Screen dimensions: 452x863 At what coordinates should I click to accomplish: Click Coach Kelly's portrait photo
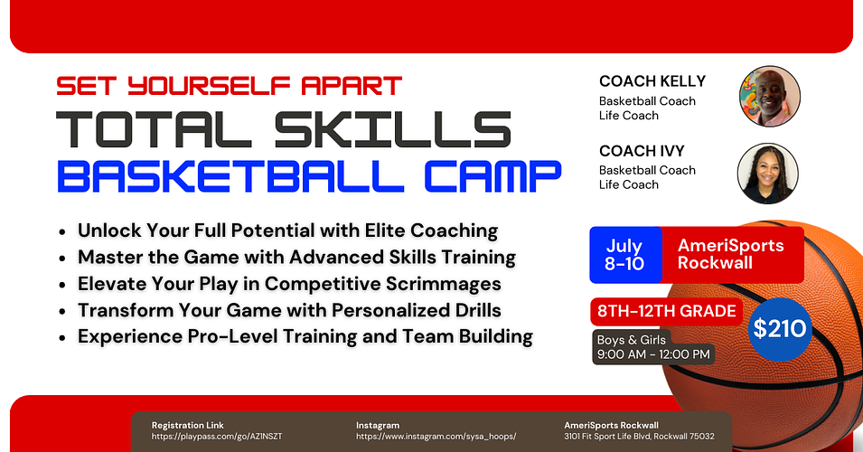(x=769, y=96)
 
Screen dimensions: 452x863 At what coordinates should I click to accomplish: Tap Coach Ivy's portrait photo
(x=768, y=173)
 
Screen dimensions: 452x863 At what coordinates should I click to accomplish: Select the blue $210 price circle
(x=780, y=327)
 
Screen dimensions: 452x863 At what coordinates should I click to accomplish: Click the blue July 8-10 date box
(x=624, y=254)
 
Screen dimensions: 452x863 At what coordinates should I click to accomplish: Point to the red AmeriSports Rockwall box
(x=730, y=254)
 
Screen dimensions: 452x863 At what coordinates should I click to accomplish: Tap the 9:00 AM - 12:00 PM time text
(x=653, y=353)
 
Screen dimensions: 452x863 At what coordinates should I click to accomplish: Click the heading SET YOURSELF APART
(x=229, y=86)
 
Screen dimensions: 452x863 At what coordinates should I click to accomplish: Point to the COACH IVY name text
(x=641, y=151)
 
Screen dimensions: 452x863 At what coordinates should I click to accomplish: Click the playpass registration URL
(x=217, y=436)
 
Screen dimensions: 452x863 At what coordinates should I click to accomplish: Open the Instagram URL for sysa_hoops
(x=436, y=436)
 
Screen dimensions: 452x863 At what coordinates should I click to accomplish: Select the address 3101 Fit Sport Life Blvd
(x=639, y=436)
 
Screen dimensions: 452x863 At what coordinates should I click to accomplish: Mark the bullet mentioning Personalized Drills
(x=289, y=310)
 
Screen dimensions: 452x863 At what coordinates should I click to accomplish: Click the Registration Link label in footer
(x=187, y=425)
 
